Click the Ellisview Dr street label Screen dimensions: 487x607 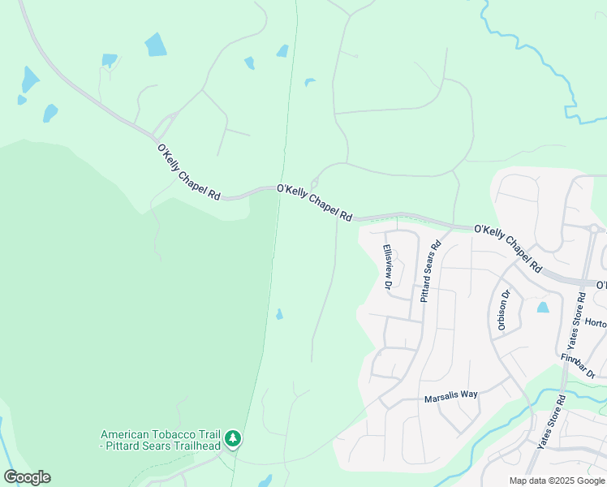point(388,267)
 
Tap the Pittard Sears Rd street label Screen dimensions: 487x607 point(430,271)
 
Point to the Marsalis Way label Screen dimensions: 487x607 point(451,395)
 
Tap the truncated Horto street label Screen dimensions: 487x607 point(595,323)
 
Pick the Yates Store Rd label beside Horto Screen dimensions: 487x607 point(575,321)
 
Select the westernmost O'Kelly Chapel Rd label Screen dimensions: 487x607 point(188,171)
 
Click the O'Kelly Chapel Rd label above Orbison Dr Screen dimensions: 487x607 point(508,248)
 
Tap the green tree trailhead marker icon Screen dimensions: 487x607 point(233,439)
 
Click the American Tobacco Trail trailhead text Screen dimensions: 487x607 point(161,440)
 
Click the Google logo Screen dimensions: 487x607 point(27,477)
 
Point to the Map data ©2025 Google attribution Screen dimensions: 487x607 point(557,481)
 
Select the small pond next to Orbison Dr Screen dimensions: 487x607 point(542,308)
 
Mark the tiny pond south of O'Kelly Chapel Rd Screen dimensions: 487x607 point(279,314)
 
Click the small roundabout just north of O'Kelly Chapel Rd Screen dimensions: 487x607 point(315,182)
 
